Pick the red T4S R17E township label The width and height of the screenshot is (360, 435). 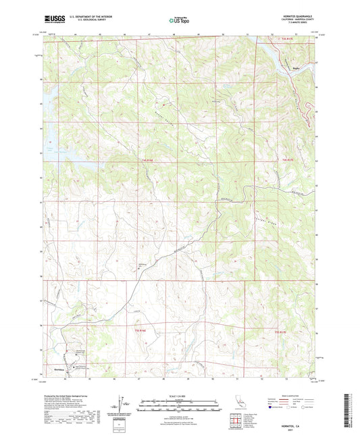click(x=287, y=159)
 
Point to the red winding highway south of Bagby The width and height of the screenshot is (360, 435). click(x=307, y=101)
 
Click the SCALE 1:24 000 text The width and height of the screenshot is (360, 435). click(x=180, y=386)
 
